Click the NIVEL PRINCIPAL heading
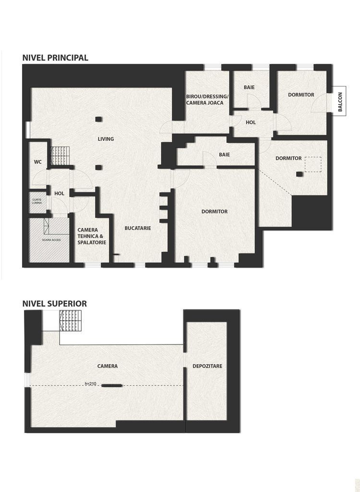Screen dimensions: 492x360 [x=55, y=58]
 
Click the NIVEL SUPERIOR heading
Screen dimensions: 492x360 [x=54, y=303]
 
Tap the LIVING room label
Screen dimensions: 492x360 [x=106, y=139]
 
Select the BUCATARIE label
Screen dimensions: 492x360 [x=138, y=228]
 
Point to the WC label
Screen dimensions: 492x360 [x=38, y=162]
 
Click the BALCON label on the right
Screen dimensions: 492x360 [x=340, y=102]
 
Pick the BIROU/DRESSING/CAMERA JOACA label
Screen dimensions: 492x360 [x=207, y=99]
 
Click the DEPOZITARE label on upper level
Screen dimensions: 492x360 [x=207, y=366]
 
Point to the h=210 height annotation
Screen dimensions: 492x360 [x=91, y=384]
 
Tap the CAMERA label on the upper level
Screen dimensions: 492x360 [x=108, y=366]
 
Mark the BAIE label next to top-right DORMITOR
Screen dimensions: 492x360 [x=249, y=87]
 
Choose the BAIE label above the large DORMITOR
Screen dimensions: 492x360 [x=224, y=155]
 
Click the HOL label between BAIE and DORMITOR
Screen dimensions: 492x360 [x=251, y=123]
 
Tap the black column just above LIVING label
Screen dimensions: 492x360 [x=98, y=119]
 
